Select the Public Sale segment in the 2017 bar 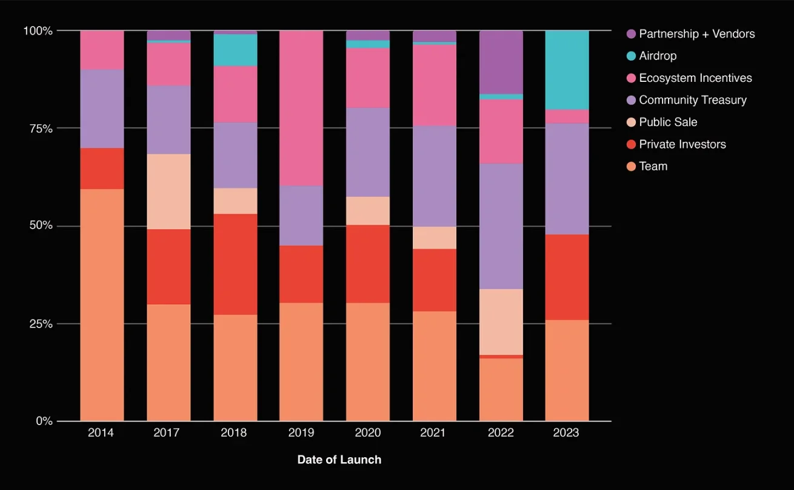(x=168, y=192)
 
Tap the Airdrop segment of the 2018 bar (x=235, y=50)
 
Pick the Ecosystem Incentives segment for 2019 (x=301, y=108)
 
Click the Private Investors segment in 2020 (x=368, y=264)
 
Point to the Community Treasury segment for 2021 (x=435, y=176)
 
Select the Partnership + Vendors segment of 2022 (x=501, y=62)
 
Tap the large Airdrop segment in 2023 (x=567, y=70)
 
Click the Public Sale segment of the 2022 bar (x=501, y=322)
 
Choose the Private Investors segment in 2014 (x=102, y=169)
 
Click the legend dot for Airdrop (x=630, y=56)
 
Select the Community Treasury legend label (x=693, y=100)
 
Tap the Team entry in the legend (x=653, y=166)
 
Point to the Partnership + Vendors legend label (x=697, y=34)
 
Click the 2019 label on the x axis (x=301, y=433)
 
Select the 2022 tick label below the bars (x=501, y=433)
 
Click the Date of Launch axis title (x=339, y=460)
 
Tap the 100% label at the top (x=38, y=31)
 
